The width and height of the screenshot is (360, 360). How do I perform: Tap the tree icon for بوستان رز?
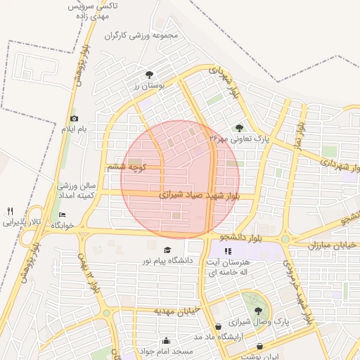coord(148,74)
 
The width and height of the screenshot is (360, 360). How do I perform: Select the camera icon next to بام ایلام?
coord(74,119)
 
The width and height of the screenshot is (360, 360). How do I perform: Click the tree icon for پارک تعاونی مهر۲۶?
coord(240,127)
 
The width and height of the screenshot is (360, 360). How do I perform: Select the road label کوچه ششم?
coord(127,167)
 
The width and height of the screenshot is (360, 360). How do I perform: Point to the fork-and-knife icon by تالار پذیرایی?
coord(10,211)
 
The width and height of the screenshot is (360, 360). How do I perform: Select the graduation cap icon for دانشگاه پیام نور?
coord(167,250)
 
